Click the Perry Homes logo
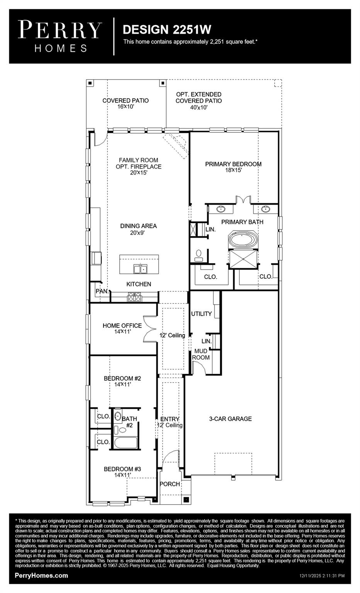click(x=60, y=36)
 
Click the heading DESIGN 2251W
click(x=167, y=30)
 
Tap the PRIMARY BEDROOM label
click(x=233, y=164)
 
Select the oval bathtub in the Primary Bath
click(x=243, y=239)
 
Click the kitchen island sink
click(x=140, y=268)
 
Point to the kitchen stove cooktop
click(x=135, y=297)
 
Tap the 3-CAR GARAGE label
click(x=230, y=418)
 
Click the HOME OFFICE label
click(x=122, y=325)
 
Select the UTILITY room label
click(x=201, y=314)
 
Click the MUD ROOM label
click(x=201, y=354)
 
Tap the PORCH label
click(x=170, y=484)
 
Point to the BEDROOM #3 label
click(x=122, y=469)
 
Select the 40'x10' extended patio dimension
click(x=199, y=108)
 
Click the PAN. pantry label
click(x=102, y=291)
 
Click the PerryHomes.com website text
click(x=41, y=575)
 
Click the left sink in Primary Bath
click(x=221, y=209)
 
